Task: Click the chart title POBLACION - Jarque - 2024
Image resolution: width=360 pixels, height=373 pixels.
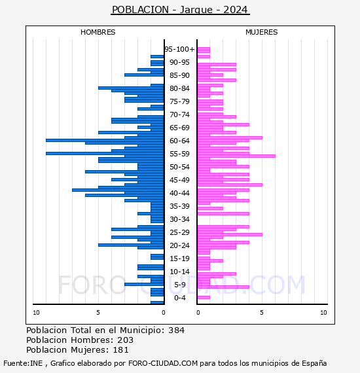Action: coord(180,10)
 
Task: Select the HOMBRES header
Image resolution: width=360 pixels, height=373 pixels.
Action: coord(98,32)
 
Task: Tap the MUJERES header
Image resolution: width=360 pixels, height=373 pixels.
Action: coord(262,32)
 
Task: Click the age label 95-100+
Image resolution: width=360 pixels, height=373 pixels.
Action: coord(179,49)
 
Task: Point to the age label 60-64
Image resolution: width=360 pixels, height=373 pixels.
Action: coord(179,141)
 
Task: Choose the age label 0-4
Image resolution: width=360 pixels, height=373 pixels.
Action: coord(179,298)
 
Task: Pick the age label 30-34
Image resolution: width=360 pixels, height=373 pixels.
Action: coord(179,219)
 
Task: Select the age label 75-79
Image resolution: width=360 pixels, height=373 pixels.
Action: coord(179,101)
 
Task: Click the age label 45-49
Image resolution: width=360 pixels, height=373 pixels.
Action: coord(179,180)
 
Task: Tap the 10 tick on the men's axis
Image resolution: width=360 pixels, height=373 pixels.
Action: coord(36,313)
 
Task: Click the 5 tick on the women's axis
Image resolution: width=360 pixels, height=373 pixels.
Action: coord(262,313)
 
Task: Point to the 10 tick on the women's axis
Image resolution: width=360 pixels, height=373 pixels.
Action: coord(323,313)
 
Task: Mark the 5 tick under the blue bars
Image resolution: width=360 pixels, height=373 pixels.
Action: coord(98,313)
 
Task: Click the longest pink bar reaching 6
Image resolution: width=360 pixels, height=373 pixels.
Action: coord(236,156)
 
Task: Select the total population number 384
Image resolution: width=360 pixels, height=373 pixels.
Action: coord(176,330)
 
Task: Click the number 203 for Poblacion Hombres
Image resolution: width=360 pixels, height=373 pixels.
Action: coord(126,340)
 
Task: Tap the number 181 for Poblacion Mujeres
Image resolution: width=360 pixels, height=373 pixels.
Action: coord(120,350)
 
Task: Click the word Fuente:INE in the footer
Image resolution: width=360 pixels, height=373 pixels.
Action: coord(23,363)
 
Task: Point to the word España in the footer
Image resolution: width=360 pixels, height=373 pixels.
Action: coord(314,363)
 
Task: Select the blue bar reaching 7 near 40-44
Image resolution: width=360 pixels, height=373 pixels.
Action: coord(118,190)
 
